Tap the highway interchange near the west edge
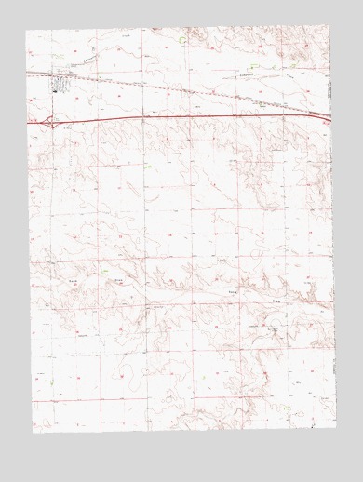50,120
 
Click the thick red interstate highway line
186,117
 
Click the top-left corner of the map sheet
26,30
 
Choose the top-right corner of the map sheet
331,28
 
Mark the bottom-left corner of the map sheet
32,434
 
